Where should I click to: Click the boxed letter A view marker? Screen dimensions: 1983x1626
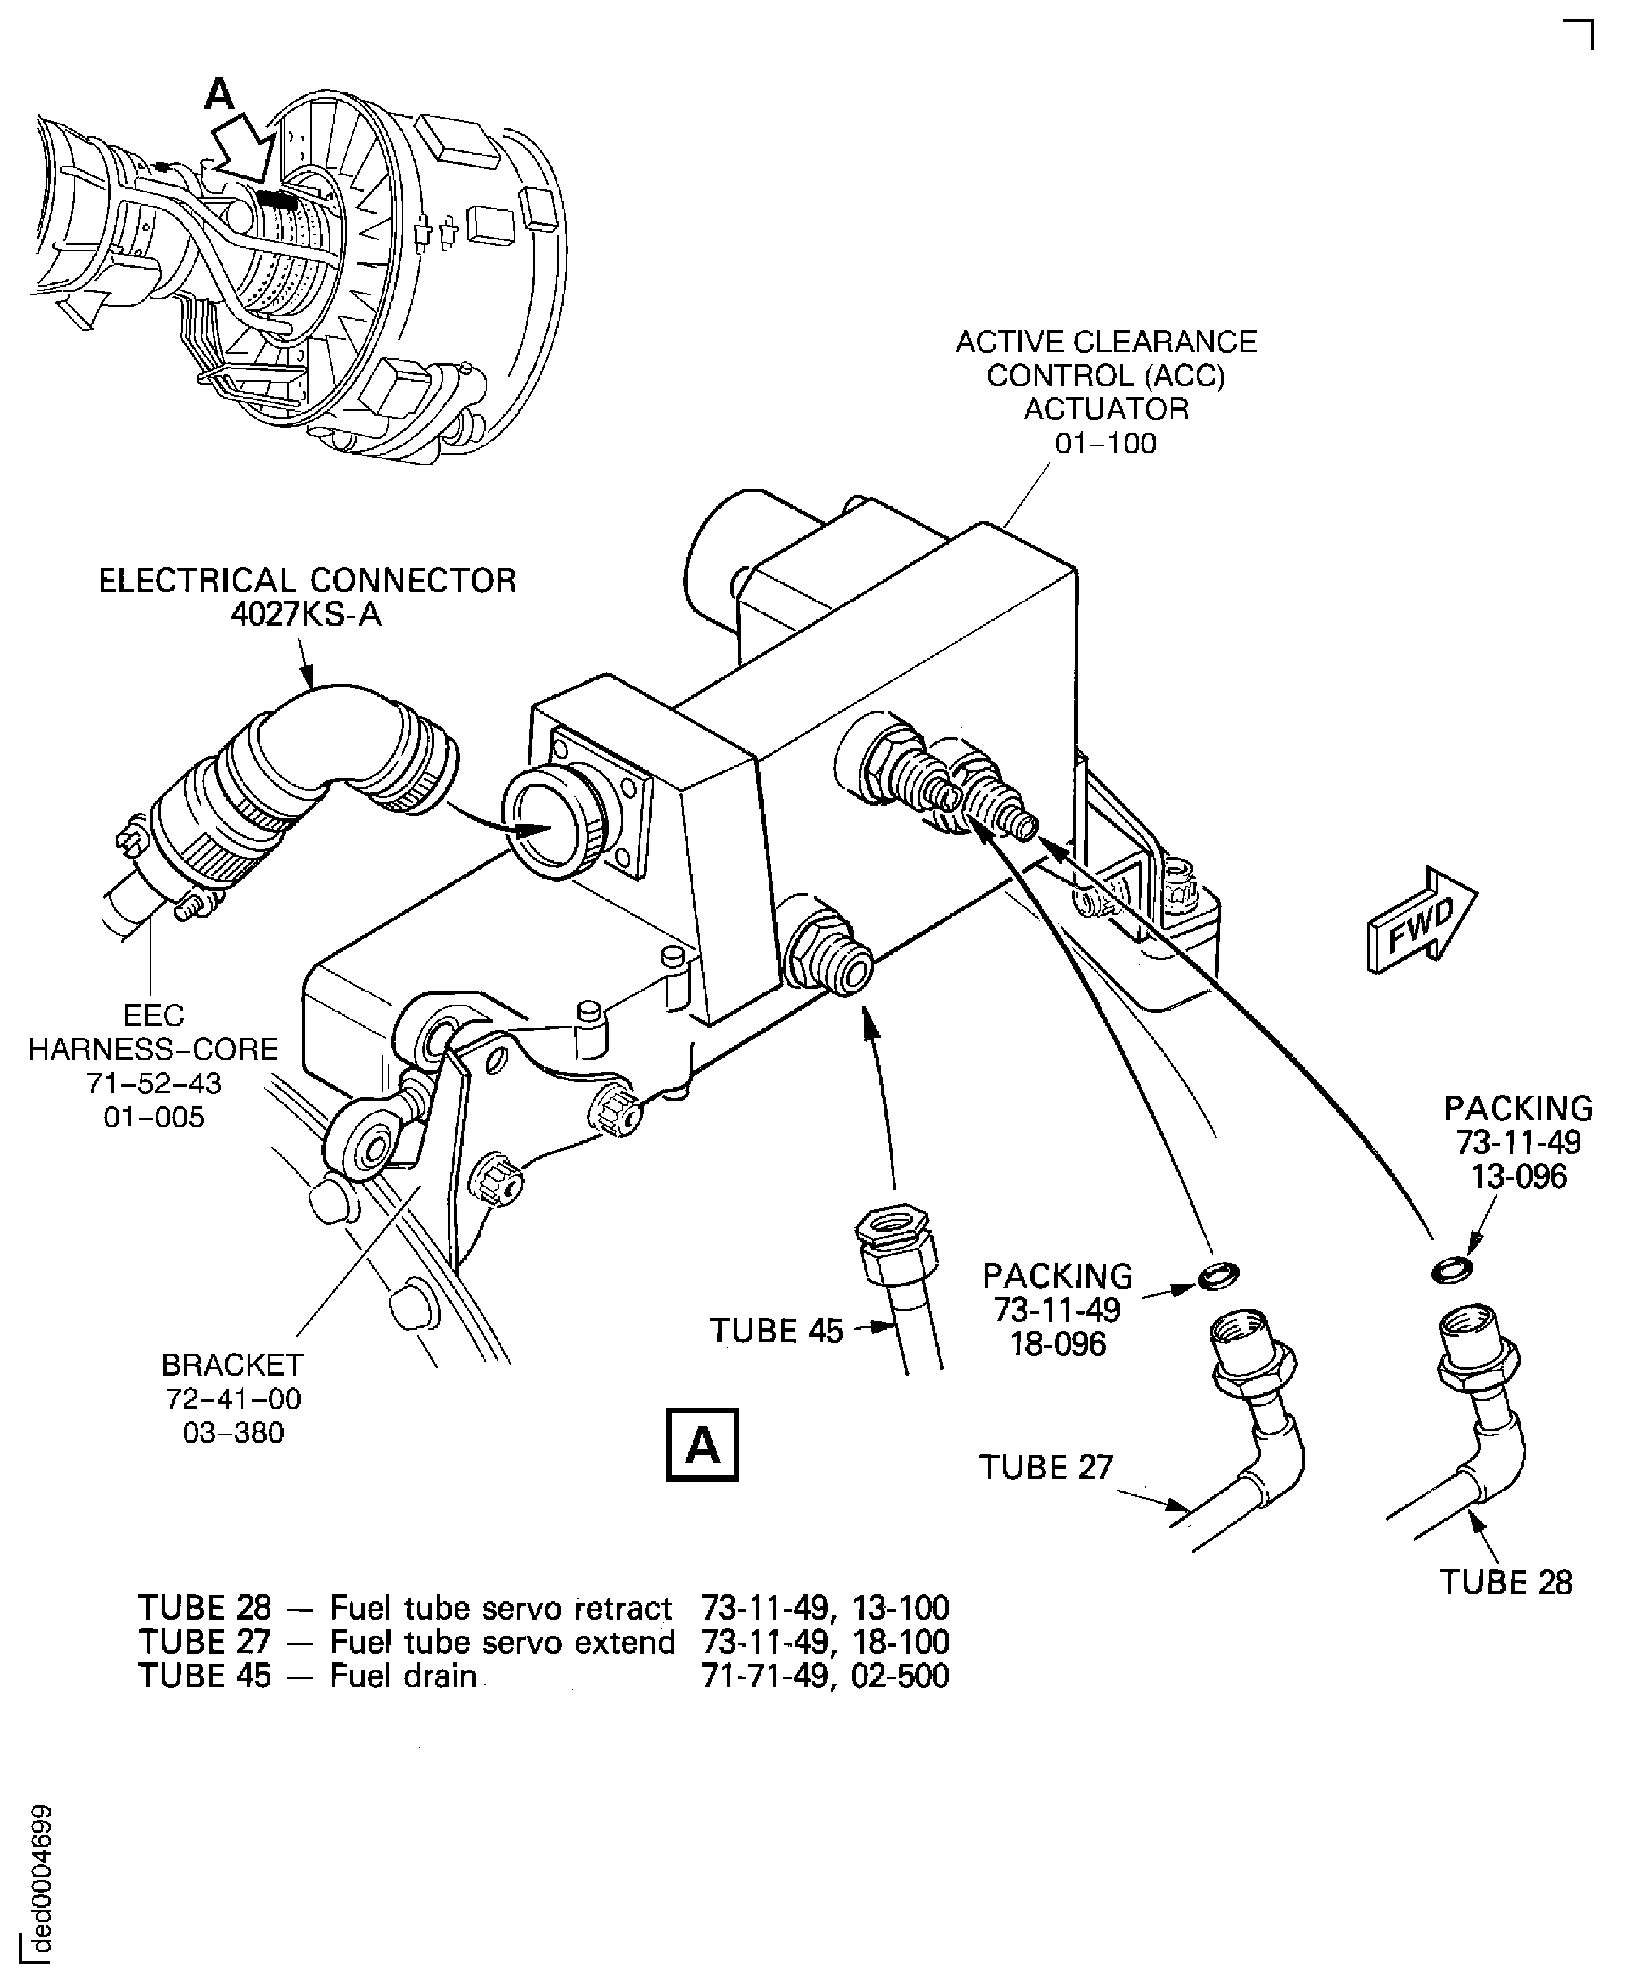[702, 1445]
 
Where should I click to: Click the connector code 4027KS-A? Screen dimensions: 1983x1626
[306, 615]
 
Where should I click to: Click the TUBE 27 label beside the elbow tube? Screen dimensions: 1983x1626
[1045, 1467]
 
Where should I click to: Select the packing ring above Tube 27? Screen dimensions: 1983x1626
[1218, 1274]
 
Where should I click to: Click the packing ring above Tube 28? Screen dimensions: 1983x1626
[1451, 1269]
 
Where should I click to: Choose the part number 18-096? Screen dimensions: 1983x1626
[1058, 1344]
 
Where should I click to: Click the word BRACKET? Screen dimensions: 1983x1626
[232, 1365]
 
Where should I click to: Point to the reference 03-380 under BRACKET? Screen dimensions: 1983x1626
[233, 1432]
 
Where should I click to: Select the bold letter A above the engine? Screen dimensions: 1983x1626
[219, 94]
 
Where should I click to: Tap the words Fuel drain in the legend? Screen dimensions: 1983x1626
[403, 1676]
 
